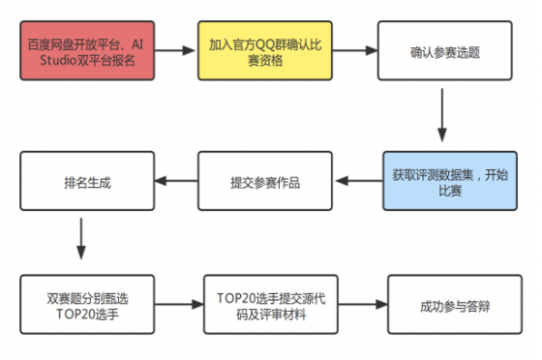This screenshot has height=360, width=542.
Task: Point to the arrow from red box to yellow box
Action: coord(171,52)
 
